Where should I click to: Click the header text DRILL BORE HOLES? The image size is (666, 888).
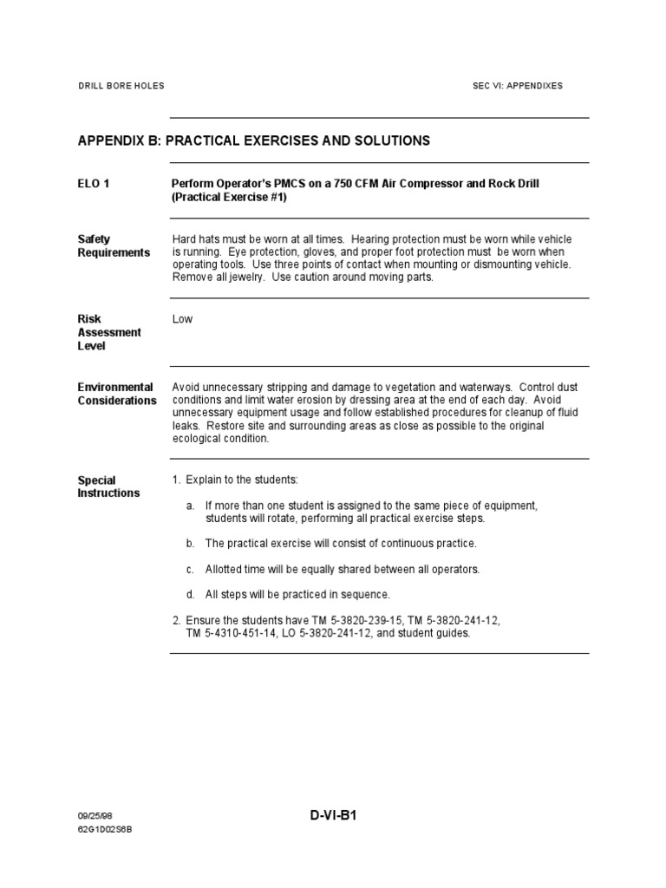[x=121, y=86]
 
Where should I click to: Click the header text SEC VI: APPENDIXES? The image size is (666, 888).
[x=517, y=86]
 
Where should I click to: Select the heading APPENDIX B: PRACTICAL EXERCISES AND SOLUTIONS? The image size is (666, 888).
[x=253, y=140]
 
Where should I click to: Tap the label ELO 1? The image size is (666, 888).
[x=94, y=184]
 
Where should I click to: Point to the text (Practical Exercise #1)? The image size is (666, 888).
[x=229, y=198]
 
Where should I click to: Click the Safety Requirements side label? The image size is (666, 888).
[x=114, y=246]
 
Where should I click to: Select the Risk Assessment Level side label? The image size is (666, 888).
[x=109, y=332]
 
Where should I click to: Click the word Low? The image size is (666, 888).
[x=182, y=319]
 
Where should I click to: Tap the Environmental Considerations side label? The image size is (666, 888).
[x=117, y=394]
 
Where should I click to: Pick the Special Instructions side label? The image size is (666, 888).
[x=108, y=486]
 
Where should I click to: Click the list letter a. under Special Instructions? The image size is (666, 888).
[x=190, y=506]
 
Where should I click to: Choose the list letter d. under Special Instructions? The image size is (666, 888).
[x=190, y=595]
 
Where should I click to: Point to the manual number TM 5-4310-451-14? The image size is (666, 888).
[x=228, y=633]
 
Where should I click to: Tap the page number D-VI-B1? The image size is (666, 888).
[x=333, y=816]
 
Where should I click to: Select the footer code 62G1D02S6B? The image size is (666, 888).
[x=106, y=830]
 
